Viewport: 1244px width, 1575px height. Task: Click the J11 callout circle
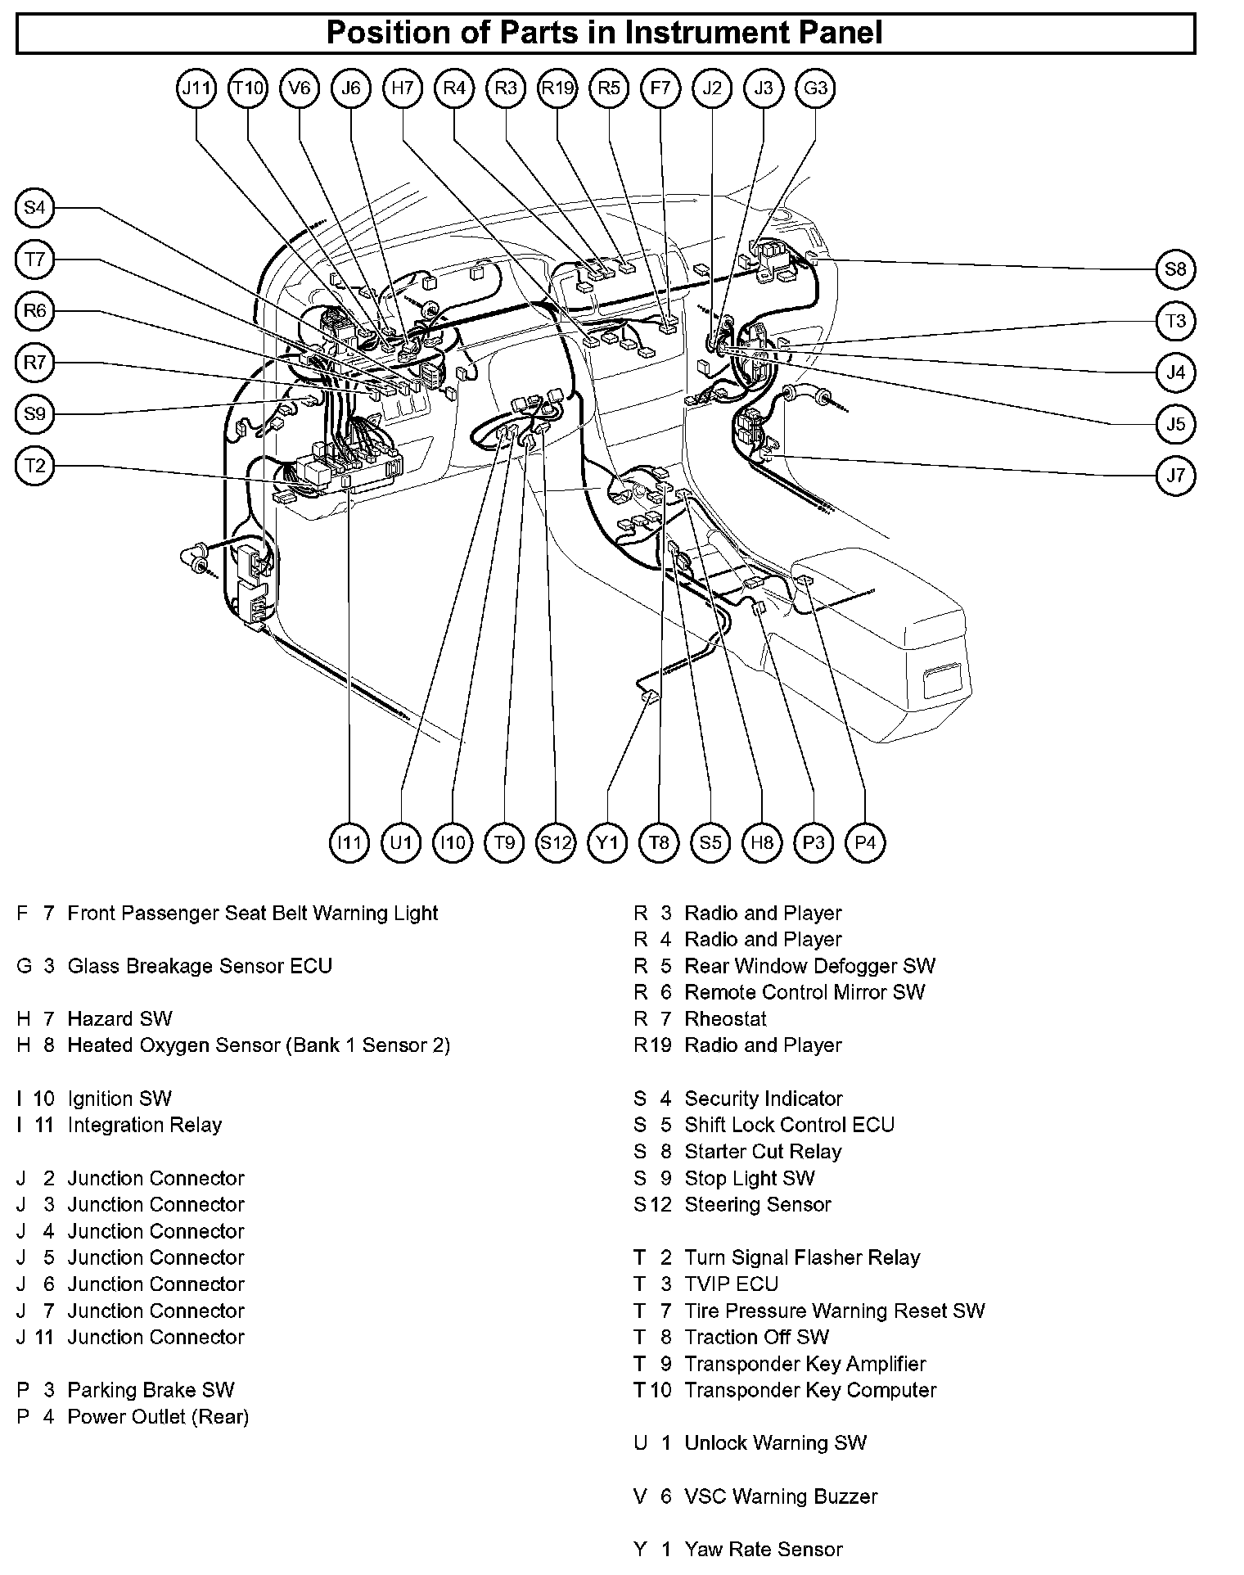[x=196, y=88]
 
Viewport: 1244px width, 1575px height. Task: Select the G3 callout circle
[x=815, y=88]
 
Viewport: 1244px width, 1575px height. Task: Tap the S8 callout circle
[x=1175, y=269]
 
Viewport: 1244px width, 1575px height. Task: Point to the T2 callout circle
[x=34, y=466]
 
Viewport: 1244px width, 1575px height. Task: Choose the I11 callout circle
[x=349, y=842]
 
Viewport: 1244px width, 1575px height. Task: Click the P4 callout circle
[x=865, y=842]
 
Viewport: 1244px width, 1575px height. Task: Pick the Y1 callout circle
[x=607, y=842]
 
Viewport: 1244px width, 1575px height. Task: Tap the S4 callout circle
[x=34, y=208]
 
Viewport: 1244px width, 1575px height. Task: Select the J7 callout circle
[x=1175, y=476]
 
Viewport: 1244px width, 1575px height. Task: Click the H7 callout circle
[x=403, y=88]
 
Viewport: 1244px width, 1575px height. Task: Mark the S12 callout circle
[x=556, y=842]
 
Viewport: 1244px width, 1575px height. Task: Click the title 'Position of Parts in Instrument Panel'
[x=605, y=33]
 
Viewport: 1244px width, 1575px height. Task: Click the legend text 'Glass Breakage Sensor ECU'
[x=200, y=966]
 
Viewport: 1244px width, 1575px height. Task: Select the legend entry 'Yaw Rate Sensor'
[x=763, y=1549]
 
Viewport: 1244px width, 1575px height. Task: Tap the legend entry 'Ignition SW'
[x=119, y=1099]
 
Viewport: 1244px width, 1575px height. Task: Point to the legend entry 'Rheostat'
[x=725, y=1019]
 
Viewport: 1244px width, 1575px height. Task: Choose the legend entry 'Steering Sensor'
[x=757, y=1204]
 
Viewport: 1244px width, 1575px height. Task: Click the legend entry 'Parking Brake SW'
[x=151, y=1390]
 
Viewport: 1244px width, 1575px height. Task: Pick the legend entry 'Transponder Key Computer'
[x=810, y=1390]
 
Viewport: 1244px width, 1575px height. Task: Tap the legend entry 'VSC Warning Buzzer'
[x=780, y=1496]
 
